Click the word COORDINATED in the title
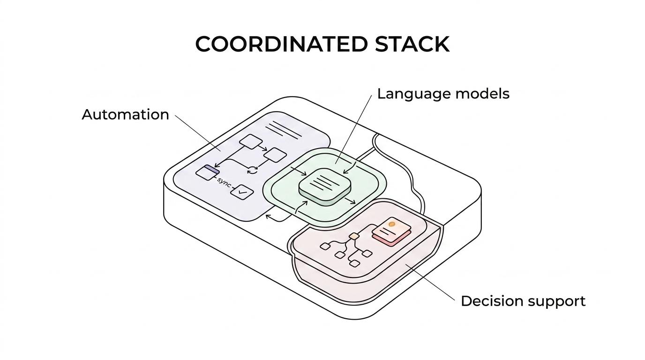[x=281, y=44]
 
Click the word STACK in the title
[x=412, y=44]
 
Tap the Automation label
[x=125, y=114]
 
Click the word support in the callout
[x=558, y=301]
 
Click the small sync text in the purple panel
[x=224, y=182]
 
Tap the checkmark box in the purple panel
[x=242, y=192]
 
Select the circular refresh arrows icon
[x=253, y=170]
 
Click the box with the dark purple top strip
[x=207, y=172]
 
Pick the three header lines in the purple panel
[x=284, y=129]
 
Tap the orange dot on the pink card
[x=392, y=225]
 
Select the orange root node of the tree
[x=354, y=236]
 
